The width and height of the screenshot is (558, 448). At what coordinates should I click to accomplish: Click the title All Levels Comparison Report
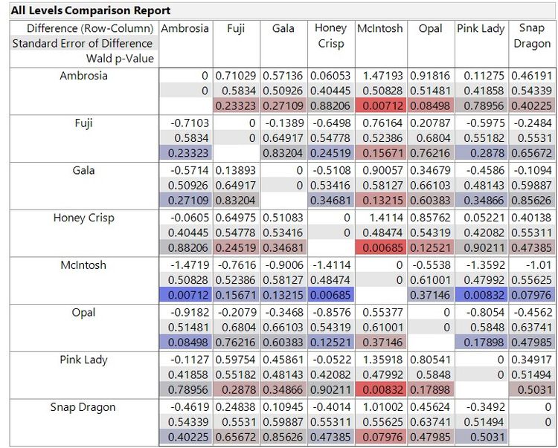click(91, 10)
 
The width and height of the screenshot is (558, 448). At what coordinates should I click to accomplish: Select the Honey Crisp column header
click(330, 36)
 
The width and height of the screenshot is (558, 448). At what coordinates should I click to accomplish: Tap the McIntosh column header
click(380, 28)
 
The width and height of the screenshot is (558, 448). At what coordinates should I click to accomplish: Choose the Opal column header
click(430, 28)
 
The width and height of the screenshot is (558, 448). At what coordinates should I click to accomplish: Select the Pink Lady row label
click(84, 360)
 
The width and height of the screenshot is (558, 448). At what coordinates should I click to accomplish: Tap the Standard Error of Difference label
click(82, 43)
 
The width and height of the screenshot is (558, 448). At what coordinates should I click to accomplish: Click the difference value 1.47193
click(382, 76)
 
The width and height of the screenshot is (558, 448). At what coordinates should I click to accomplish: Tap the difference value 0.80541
click(432, 360)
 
